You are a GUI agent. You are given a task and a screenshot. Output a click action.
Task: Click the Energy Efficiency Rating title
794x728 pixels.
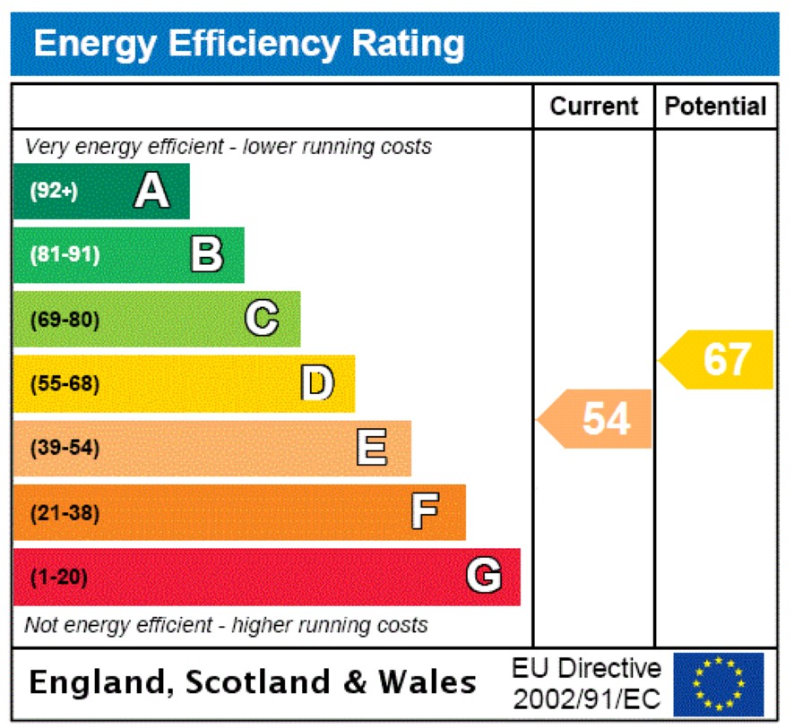coord(249,43)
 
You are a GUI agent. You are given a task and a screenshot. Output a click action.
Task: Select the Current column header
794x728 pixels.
coord(593,107)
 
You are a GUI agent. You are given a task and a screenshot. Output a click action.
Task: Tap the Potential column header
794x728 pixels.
coord(716,107)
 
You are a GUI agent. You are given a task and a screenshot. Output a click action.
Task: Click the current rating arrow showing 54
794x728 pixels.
coord(595,418)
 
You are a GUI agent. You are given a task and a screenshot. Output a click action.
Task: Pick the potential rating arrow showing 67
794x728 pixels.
coord(717,359)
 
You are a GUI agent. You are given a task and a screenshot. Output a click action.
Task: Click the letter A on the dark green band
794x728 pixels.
coord(151,191)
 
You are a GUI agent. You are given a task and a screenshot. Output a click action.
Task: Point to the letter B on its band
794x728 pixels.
coord(207,255)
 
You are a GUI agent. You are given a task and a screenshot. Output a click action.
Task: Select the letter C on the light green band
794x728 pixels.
coord(262,319)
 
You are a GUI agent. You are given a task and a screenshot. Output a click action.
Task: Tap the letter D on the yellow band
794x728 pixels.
coord(316,383)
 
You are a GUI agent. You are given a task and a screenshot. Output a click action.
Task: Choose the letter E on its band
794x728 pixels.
coord(372,448)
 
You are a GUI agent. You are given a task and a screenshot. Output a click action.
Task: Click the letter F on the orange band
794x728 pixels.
coord(426,512)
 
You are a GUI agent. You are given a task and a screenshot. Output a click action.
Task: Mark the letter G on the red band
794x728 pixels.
coord(484,577)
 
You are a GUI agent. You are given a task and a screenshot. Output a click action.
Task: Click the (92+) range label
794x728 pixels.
coord(54,191)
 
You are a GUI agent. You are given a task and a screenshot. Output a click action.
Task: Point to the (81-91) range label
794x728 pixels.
coord(65,255)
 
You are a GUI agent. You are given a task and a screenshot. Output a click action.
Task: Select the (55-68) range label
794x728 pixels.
coord(65,384)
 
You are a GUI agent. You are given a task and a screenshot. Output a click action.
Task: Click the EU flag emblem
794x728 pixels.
coord(718,684)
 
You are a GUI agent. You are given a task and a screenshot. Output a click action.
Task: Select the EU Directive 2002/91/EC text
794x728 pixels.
coord(586,684)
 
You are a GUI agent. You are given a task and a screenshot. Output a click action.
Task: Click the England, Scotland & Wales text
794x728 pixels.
coord(252,683)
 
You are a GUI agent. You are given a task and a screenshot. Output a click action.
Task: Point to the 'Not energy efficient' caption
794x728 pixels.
coord(226,625)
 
